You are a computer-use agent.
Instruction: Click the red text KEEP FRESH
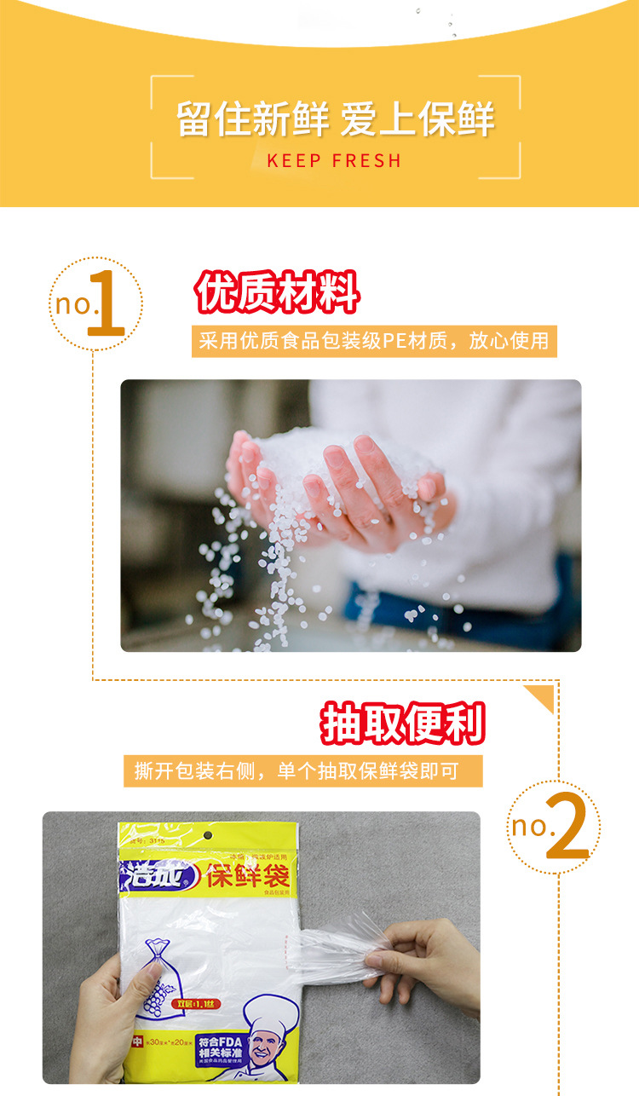click(x=333, y=160)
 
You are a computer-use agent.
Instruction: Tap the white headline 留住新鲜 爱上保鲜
click(x=335, y=118)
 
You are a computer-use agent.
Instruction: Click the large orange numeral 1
click(x=106, y=304)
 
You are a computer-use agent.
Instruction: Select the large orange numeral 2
click(x=567, y=826)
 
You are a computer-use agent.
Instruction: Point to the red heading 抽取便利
click(x=402, y=724)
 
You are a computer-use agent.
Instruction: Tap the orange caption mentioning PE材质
click(x=373, y=342)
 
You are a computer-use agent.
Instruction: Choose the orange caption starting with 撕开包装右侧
click(x=302, y=771)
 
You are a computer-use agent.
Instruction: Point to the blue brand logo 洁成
click(x=152, y=874)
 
